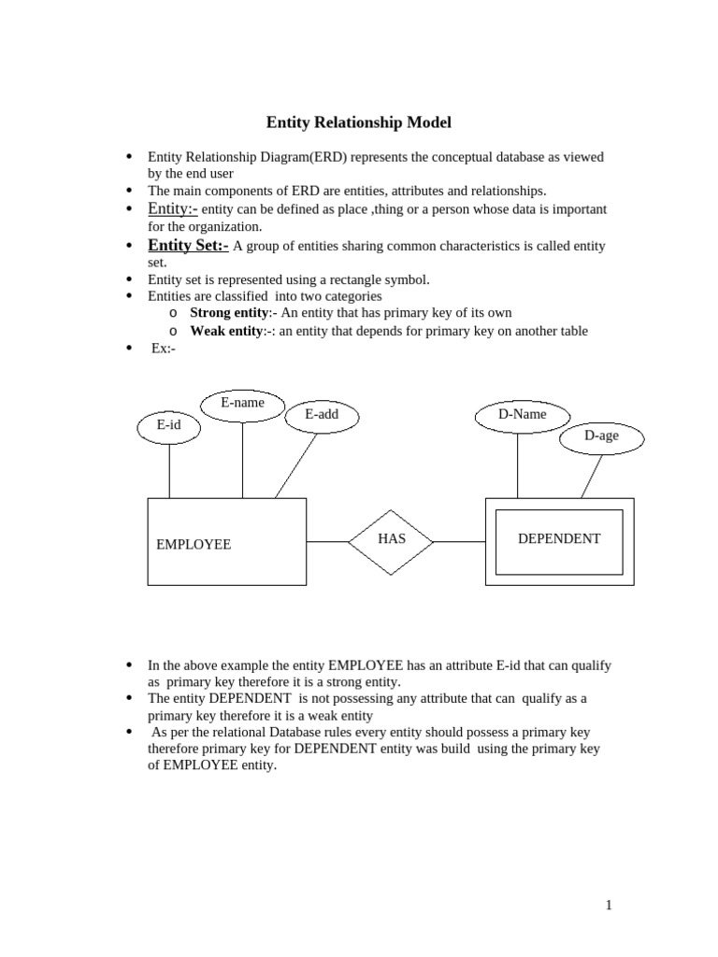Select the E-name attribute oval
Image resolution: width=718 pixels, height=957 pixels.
pos(242,404)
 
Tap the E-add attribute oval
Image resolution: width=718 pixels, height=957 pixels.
pos(322,416)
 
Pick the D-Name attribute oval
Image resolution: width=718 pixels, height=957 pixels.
pos(522,415)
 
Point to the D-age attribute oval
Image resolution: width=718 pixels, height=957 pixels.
pos(601,436)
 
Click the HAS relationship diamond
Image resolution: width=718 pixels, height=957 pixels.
pos(391,540)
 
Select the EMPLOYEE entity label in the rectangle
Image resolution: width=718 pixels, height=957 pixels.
pos(194,544)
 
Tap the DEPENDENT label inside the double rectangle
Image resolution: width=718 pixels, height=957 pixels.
pos(559,539)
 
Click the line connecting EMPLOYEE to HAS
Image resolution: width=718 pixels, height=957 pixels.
pos(327,541)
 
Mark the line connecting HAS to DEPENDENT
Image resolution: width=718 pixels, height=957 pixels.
pos(459,541)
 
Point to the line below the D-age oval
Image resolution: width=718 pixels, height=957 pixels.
pos(591,478)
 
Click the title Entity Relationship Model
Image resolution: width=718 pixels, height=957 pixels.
pos(359,122)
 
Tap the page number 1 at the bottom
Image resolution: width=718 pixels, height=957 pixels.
pos(609,905)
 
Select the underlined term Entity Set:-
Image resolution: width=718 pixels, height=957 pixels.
pos(188,246)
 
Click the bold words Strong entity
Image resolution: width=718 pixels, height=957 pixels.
pos(229,313)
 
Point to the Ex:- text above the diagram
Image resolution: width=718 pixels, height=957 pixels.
pos(164,348)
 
